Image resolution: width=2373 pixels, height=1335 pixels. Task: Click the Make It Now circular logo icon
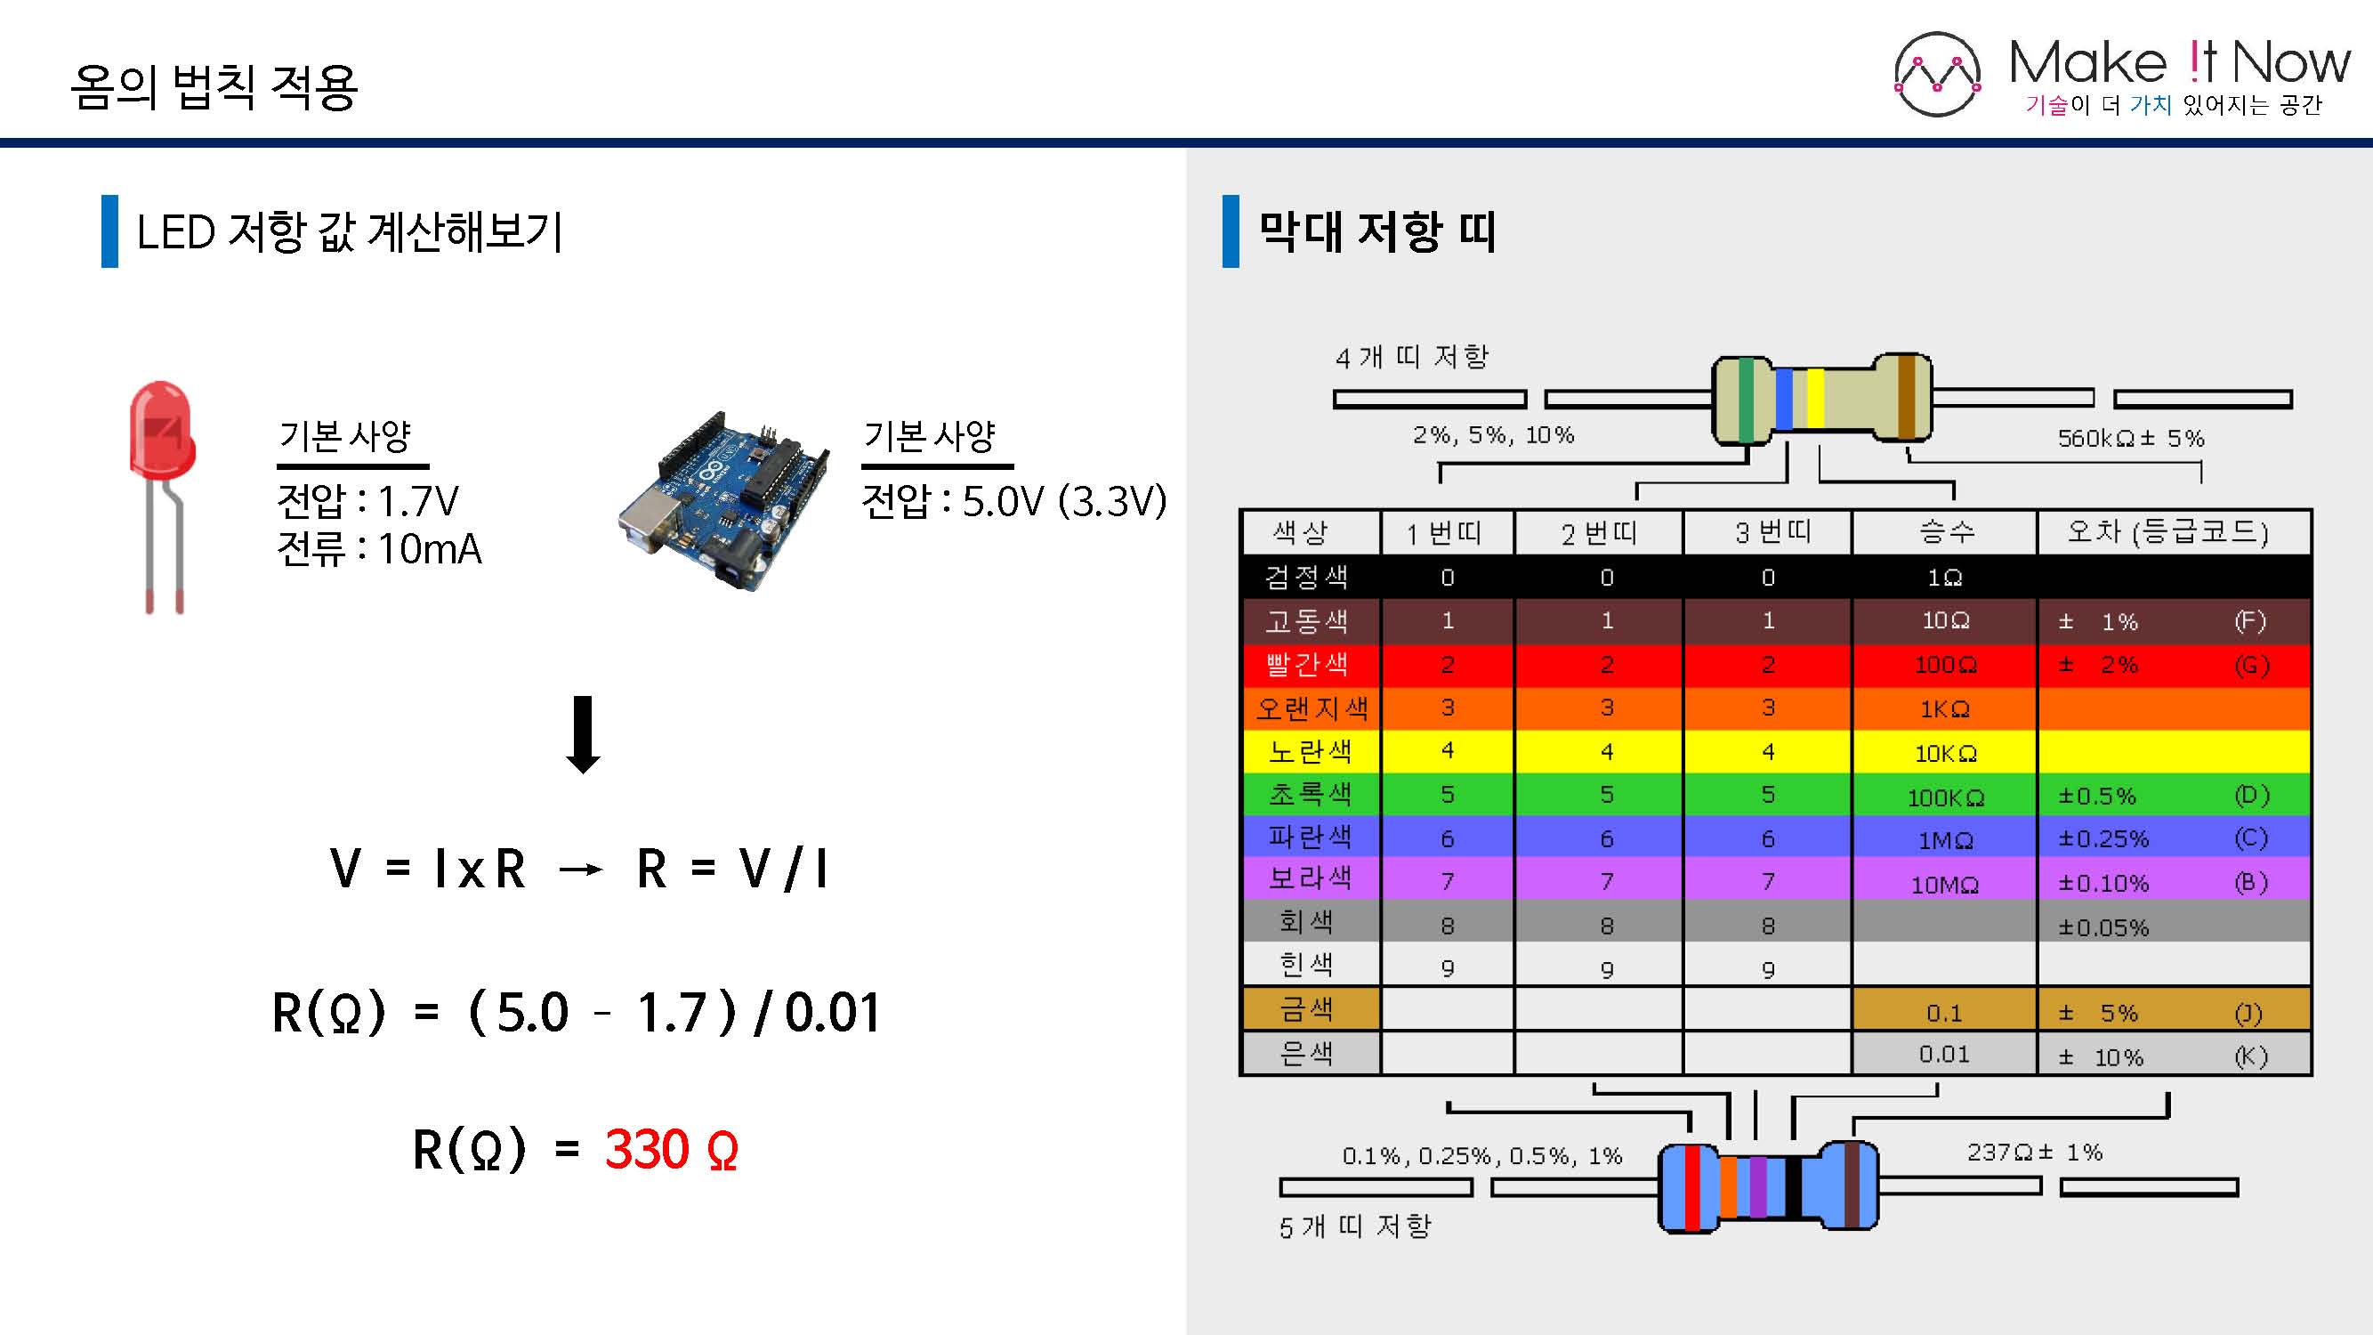click(1937, 75)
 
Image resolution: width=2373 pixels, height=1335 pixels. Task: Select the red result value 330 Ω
click(672, 1149)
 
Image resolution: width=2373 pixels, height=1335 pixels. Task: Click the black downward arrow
click(582, 734)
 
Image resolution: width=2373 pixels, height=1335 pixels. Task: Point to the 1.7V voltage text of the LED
click(417, 502)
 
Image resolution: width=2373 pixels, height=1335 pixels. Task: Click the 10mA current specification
click(429, 549)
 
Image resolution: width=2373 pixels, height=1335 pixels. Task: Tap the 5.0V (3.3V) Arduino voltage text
click(1064, 502)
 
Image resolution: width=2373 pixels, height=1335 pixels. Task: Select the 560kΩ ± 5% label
click(2131, 438)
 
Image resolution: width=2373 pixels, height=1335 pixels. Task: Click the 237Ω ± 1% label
click(2035, 1152)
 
